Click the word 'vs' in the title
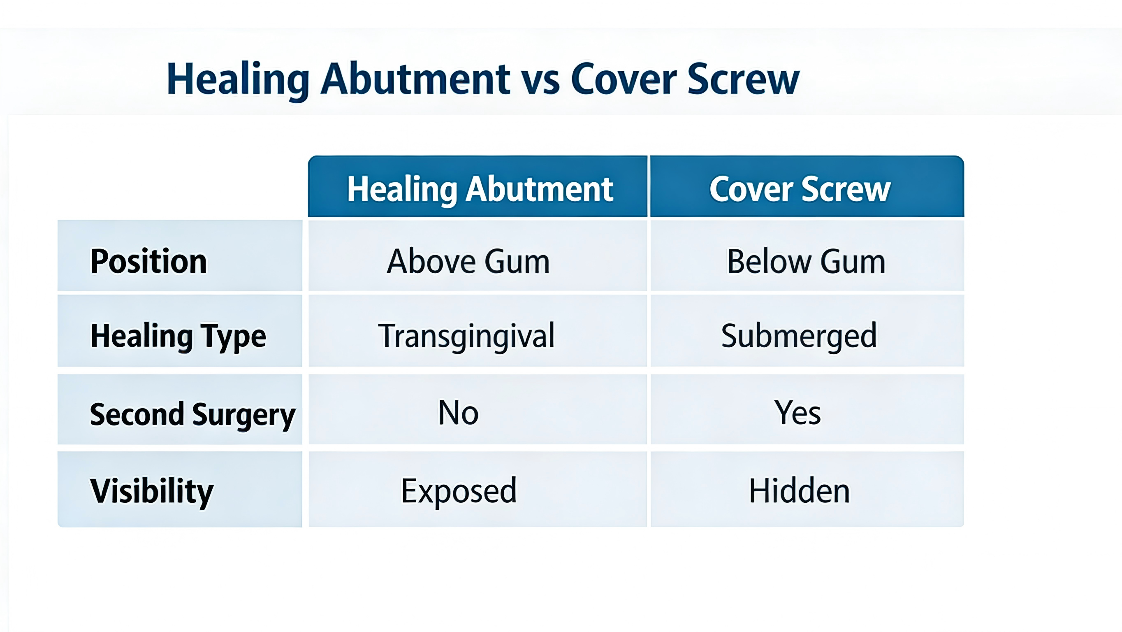[540, 81]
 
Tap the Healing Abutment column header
[480, 189]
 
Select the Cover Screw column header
[800, 189]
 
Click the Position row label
[148, 261]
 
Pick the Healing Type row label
[178, 336]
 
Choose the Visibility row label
[152, 491]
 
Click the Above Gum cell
[468, 261]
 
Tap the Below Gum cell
[806, 261]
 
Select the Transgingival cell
[466, 336]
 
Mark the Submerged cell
[799, 336]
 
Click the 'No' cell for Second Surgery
[458, 412]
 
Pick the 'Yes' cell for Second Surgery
[797, 412]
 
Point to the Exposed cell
[459, 491]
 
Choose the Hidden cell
[799, 491]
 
